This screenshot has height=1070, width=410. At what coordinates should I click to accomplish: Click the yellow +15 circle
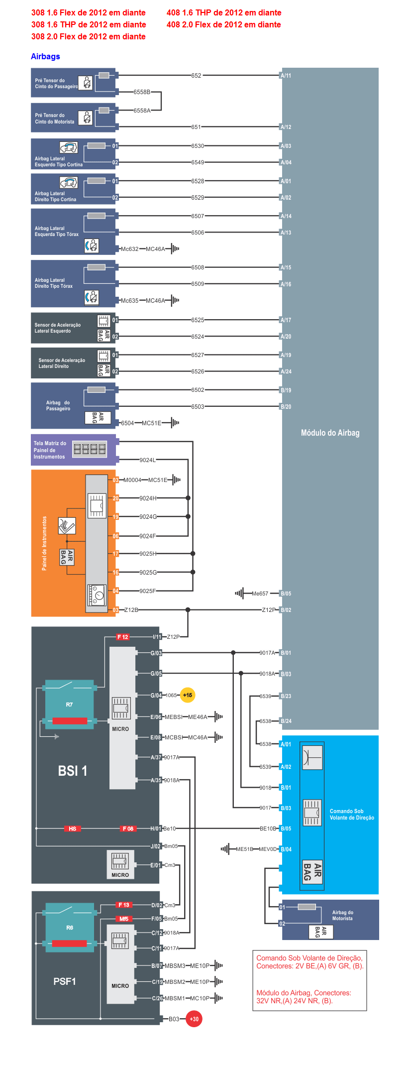coord(188,695)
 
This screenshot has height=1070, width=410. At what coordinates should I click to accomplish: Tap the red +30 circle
coord(194,1019)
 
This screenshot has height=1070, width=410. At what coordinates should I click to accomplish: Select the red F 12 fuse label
coord(122,637)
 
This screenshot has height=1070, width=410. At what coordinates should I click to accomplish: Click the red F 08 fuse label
coord(128,829)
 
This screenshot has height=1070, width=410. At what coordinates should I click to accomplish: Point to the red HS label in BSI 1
coord(73,829)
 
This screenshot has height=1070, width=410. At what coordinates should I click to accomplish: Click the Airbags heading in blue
coord(45,57)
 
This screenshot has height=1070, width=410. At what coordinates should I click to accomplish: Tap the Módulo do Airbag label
coord(330,433)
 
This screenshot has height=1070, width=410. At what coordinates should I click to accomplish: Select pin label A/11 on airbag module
coord(286,76)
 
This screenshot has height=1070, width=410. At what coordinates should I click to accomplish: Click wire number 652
coord(197,76)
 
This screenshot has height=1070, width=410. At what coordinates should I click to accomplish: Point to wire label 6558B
coord(142,92)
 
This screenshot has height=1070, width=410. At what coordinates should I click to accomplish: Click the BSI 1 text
coord(73,771)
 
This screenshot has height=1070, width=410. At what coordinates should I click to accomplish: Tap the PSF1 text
coord(65,981)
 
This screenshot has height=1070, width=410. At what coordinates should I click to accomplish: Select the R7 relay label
coord(69,705)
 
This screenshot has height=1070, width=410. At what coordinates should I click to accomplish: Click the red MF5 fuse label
coord(123,919)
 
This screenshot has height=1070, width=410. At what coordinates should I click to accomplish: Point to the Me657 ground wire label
coord(260,594)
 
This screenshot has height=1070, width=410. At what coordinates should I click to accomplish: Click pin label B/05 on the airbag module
coord(286,594)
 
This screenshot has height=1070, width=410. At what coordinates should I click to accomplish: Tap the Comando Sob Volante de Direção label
coord(351,814)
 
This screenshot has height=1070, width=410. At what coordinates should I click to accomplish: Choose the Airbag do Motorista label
coord(342,915)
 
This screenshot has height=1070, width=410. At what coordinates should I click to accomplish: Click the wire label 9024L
coord(147,460)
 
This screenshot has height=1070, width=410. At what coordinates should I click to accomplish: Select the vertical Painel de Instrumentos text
coord(44,543)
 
